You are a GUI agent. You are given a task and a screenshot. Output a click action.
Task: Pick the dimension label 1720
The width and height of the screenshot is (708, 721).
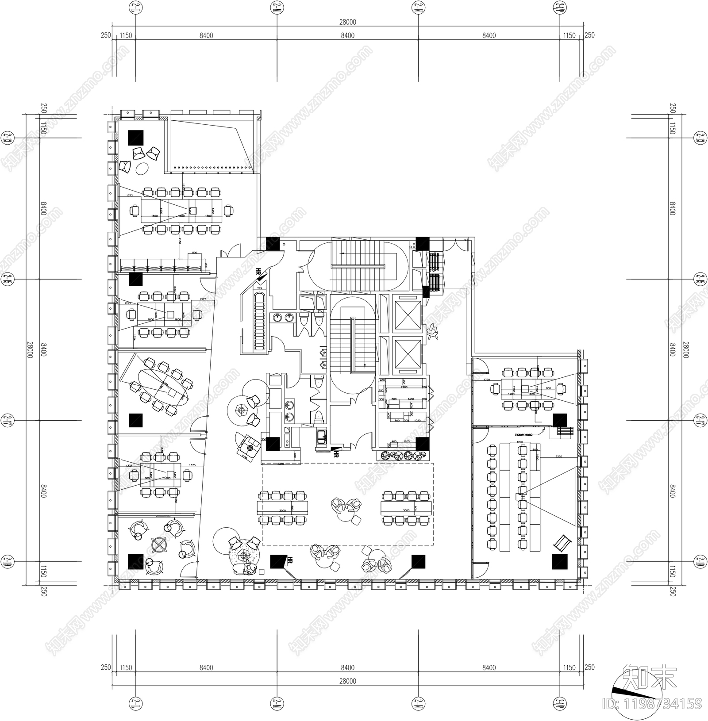tap(487, 380)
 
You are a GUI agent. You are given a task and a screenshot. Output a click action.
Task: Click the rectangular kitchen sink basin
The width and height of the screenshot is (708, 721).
tap(321, 437)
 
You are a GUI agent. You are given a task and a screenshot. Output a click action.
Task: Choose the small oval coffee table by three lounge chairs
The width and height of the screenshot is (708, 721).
tap(142, 168)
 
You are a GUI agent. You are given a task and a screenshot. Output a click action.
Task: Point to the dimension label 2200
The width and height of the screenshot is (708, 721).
tap(404, 387)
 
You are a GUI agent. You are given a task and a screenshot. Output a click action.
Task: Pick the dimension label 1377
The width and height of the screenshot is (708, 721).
tap(203, 300)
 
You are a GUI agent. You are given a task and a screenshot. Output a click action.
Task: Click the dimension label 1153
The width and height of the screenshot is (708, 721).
tap(128, 303)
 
